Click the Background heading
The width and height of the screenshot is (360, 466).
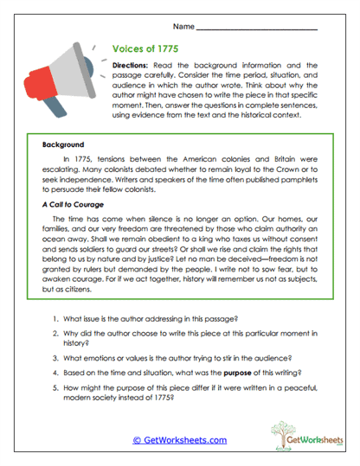tap(63, 145)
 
